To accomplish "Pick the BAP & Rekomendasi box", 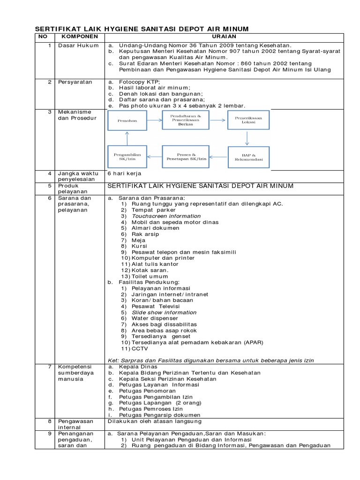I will tap(248, 157).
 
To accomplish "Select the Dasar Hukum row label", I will tap(78, 45).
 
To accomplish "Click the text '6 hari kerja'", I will tap(125, 173).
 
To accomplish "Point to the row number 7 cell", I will tap(49, 366).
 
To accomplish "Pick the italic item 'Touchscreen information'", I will tap(160, 216).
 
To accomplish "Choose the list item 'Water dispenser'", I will tap(155, 318).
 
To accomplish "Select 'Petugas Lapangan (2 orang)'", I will tap(160, 403).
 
